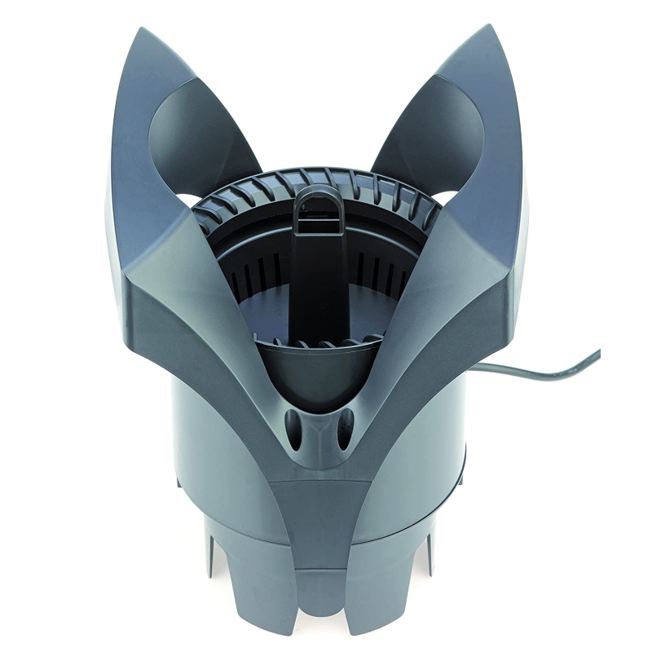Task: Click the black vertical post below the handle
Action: click(x=319, y=277)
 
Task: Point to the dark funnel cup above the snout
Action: click(x=319, y=371)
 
